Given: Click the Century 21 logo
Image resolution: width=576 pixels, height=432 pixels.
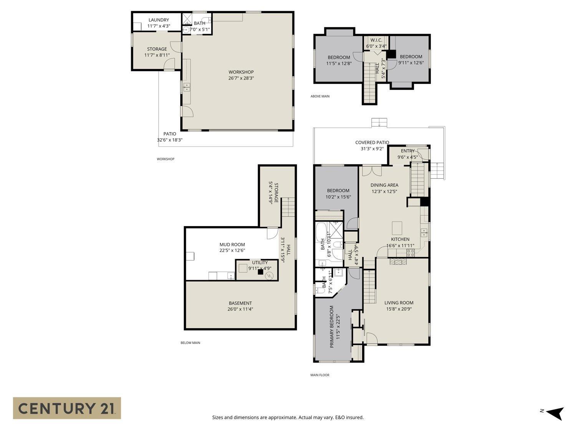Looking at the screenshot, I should pos(67,408).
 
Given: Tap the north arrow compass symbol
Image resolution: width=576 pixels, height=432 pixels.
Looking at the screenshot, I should pos(554,413).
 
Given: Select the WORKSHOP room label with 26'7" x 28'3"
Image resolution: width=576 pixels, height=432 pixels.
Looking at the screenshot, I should pos(241,75).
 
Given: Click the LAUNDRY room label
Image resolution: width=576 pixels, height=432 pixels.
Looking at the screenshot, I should pos(159,20).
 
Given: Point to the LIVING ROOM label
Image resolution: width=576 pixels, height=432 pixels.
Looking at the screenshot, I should pos(399,303).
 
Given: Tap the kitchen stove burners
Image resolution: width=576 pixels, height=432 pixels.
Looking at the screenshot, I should pos(410,253).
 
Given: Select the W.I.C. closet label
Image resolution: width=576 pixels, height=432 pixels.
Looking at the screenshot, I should pos(376,40).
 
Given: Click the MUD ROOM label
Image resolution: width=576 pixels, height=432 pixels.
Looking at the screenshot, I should pos(232,245).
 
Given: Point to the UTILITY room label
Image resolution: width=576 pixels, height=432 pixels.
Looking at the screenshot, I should pos(260,263).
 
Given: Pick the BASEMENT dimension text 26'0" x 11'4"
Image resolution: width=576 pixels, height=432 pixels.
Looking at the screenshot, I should pos(240,309).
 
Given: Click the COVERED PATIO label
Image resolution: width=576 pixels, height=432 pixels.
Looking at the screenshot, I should pos(372,142).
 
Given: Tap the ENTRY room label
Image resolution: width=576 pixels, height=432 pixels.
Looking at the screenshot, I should pos(407,151).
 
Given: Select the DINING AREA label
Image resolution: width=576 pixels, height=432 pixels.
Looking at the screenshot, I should pos(384,185).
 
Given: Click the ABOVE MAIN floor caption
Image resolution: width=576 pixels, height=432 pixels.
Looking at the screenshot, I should pos(320,96).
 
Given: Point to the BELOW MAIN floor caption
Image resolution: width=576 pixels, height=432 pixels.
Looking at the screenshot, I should pos(190,343).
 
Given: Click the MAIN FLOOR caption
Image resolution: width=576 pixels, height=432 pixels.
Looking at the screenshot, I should pos(320,375).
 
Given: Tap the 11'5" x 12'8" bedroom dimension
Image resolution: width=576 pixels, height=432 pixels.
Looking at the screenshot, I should pos(339,63).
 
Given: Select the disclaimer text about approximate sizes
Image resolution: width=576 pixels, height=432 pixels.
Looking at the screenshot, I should pos(288,417).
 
